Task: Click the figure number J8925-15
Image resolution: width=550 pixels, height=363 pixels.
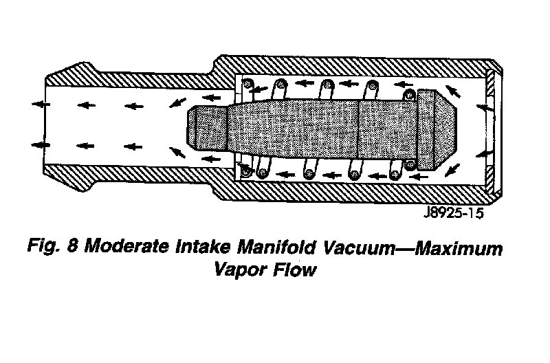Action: coord(449,212)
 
